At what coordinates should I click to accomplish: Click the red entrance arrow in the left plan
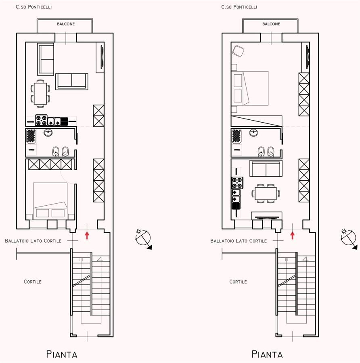pyautogui.click(x=87, y=235)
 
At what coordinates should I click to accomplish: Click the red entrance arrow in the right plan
pyautogui.click(x=292, y=235)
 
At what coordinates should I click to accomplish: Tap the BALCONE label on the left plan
pyautogui.click(x=66, y=24)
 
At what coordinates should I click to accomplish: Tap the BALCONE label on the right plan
pyautogui.click(x=271, y=24)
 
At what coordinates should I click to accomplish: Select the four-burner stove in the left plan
pyautogui.click(x=41, y=120)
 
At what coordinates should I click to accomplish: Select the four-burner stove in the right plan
pyautogui.click(x=237, y=183)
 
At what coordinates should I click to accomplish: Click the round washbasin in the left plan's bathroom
pyautogui.click(x=48, y=133)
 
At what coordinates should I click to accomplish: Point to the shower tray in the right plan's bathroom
pyautogui.click(x=236, y=136)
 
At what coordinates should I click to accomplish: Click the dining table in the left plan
pyautogui.click(x=40, y=94)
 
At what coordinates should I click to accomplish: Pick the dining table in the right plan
pyautogui.click(x=266, y=194)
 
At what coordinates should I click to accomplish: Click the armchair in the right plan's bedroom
pyautogui.click(x=238, y=51)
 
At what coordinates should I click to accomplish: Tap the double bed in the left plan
pyautogui.click(x=50, y=201)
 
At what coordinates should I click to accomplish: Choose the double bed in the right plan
pyautogui.click(x=250, y=88)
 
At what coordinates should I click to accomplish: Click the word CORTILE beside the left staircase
pyautogui.click(x=33, y=282)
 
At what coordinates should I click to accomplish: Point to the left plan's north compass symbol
pyautogui.click(x=143, y=239)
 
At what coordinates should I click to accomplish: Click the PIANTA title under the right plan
pyautogui.click(x=267, y=354)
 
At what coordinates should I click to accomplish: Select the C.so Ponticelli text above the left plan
pyautogui.click(x=34, y=7)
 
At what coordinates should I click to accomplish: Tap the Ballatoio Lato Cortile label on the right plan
pyautogui.click(x=239, y=241)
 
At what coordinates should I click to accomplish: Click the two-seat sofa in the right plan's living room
pyautogui.click(x=266, y=168)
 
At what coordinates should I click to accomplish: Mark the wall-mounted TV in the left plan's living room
pyautogui.click(x=102, y=57)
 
